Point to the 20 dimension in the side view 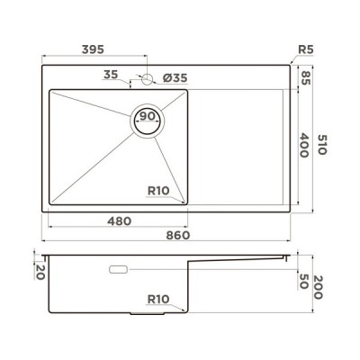[40, 271]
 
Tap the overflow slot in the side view [118, 269]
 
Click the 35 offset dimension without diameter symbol [111, 76]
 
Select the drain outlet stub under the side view [146, 314]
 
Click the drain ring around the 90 [135, 119]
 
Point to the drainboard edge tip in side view [287, 258]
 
